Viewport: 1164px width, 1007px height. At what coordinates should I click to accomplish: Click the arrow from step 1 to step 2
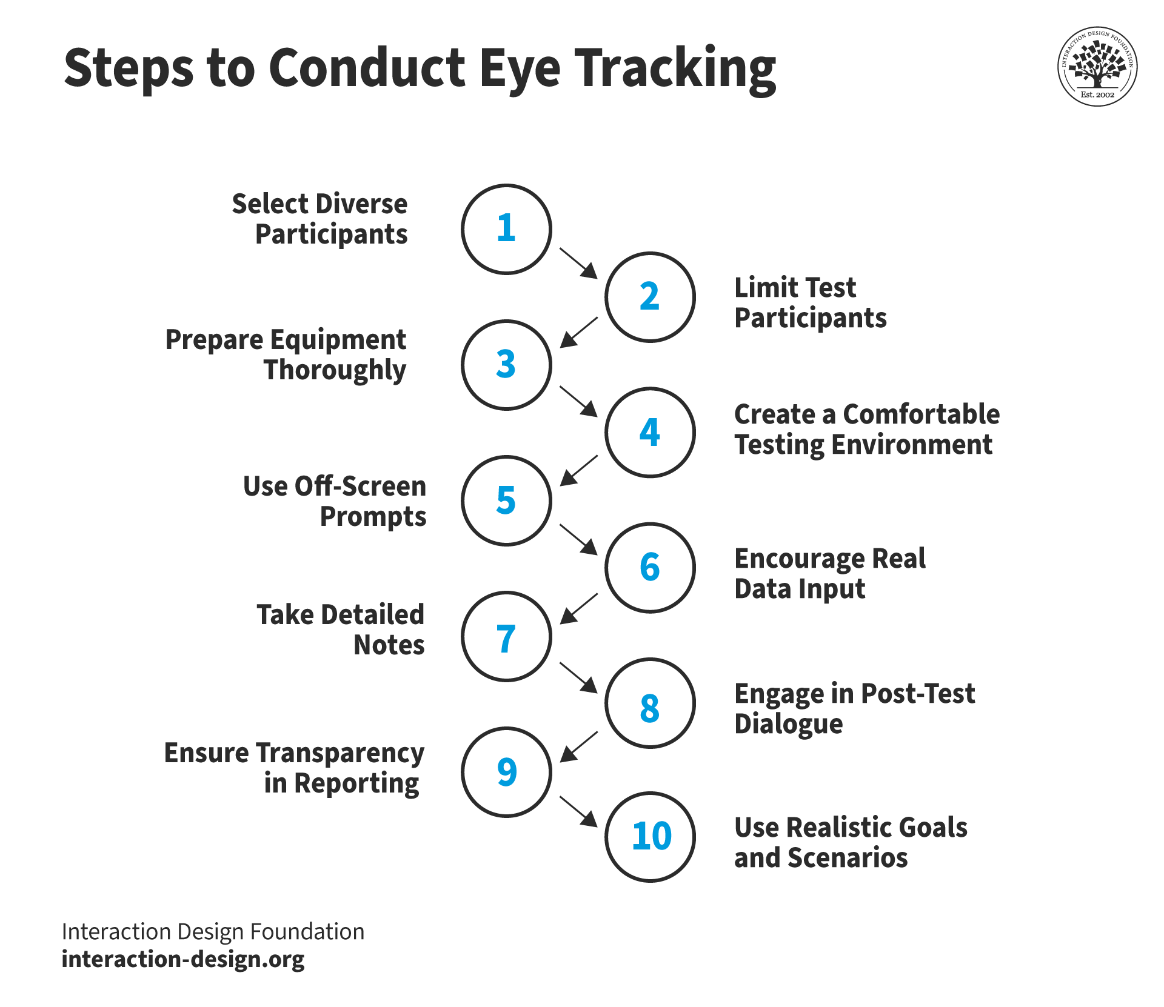click(578, 263)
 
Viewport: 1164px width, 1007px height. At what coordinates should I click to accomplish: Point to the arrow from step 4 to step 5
click(578, 471)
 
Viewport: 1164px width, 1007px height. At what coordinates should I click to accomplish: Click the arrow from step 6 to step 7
click(578, 608)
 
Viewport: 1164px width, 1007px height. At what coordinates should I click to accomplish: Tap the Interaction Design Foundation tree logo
click(1097, 66)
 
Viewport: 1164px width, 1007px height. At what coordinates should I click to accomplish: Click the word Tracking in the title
click(675, 69)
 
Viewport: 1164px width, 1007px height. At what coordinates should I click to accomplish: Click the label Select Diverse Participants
click(319, 219)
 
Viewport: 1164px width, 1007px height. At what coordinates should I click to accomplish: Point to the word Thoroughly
click(335, 370)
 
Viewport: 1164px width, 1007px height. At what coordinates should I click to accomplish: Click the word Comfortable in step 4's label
click(921, 414)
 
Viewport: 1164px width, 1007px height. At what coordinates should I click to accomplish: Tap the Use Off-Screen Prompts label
click(335, 502)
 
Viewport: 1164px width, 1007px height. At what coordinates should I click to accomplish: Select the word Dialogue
click(788, 724)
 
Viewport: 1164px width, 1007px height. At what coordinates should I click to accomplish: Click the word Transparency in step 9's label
click(341, 754)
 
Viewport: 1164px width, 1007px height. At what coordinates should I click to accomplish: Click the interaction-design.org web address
click(183, 960)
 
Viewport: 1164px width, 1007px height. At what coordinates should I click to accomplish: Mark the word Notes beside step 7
click(389, 645)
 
